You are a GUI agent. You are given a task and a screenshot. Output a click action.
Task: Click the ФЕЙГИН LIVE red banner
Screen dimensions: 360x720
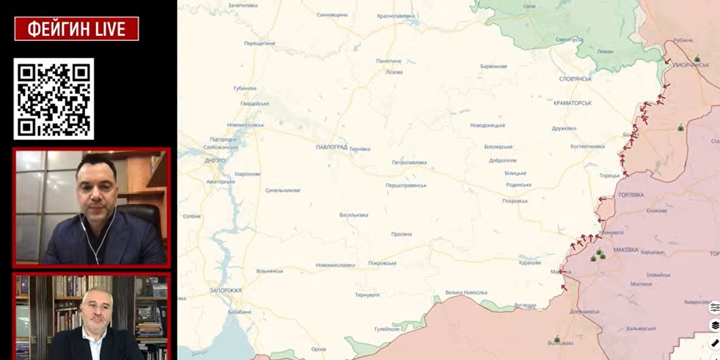coord(76,29)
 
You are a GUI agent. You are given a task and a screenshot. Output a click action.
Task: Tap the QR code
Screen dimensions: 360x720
coord(54,99)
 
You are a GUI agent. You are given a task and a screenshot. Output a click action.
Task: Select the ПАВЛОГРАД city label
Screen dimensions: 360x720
coord(331,147)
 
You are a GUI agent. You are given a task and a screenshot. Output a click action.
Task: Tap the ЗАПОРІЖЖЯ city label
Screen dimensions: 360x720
coord(225,290)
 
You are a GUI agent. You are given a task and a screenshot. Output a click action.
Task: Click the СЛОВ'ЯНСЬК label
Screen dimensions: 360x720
coord(575,79)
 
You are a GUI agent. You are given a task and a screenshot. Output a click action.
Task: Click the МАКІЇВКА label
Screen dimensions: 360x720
coord(625,250)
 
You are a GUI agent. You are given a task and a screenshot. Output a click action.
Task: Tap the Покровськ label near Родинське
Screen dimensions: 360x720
coord(514,201)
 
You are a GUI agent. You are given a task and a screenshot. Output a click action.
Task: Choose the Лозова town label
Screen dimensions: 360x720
coord(393,71)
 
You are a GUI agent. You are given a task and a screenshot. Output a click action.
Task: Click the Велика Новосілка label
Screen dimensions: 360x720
coord(466,293)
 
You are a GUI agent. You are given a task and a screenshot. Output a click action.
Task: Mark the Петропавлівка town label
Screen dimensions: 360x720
coord(409,163)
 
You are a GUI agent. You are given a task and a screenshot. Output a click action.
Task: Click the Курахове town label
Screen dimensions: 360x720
coord(529,262)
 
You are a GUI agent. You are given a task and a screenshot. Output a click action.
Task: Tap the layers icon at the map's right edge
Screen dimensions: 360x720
coord(715,325)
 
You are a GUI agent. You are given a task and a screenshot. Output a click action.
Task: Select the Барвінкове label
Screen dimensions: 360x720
coord(493,66)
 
